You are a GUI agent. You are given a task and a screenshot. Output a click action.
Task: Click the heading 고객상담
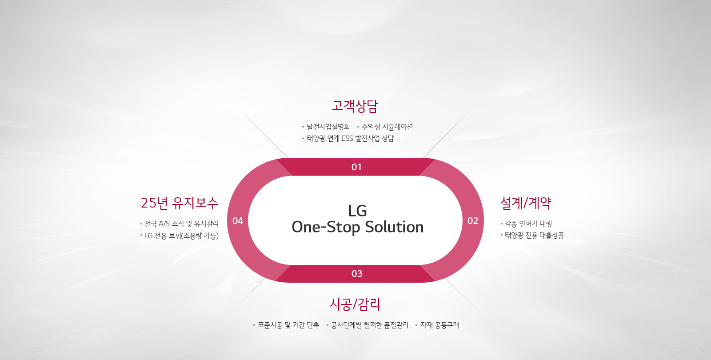355,106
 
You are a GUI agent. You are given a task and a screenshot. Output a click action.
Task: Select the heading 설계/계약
526,203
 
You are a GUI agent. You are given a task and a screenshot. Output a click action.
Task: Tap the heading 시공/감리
355,304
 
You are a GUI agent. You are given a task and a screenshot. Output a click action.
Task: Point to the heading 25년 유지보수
180,203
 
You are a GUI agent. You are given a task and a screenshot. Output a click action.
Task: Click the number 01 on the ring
356,167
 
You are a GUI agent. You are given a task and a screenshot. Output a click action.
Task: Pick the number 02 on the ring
473,220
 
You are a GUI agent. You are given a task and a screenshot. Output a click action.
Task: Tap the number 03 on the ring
357,274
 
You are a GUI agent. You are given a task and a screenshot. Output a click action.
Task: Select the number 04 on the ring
238,220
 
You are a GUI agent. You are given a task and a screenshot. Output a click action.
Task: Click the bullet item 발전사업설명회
328,127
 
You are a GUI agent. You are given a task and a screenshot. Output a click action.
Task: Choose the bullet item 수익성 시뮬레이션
387,127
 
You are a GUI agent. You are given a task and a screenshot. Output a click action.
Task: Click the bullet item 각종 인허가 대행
528,224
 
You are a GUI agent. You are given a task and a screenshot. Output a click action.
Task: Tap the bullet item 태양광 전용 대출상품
534,236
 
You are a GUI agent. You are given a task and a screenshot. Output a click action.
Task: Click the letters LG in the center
357,211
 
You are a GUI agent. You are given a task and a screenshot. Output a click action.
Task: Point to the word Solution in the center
394,227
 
